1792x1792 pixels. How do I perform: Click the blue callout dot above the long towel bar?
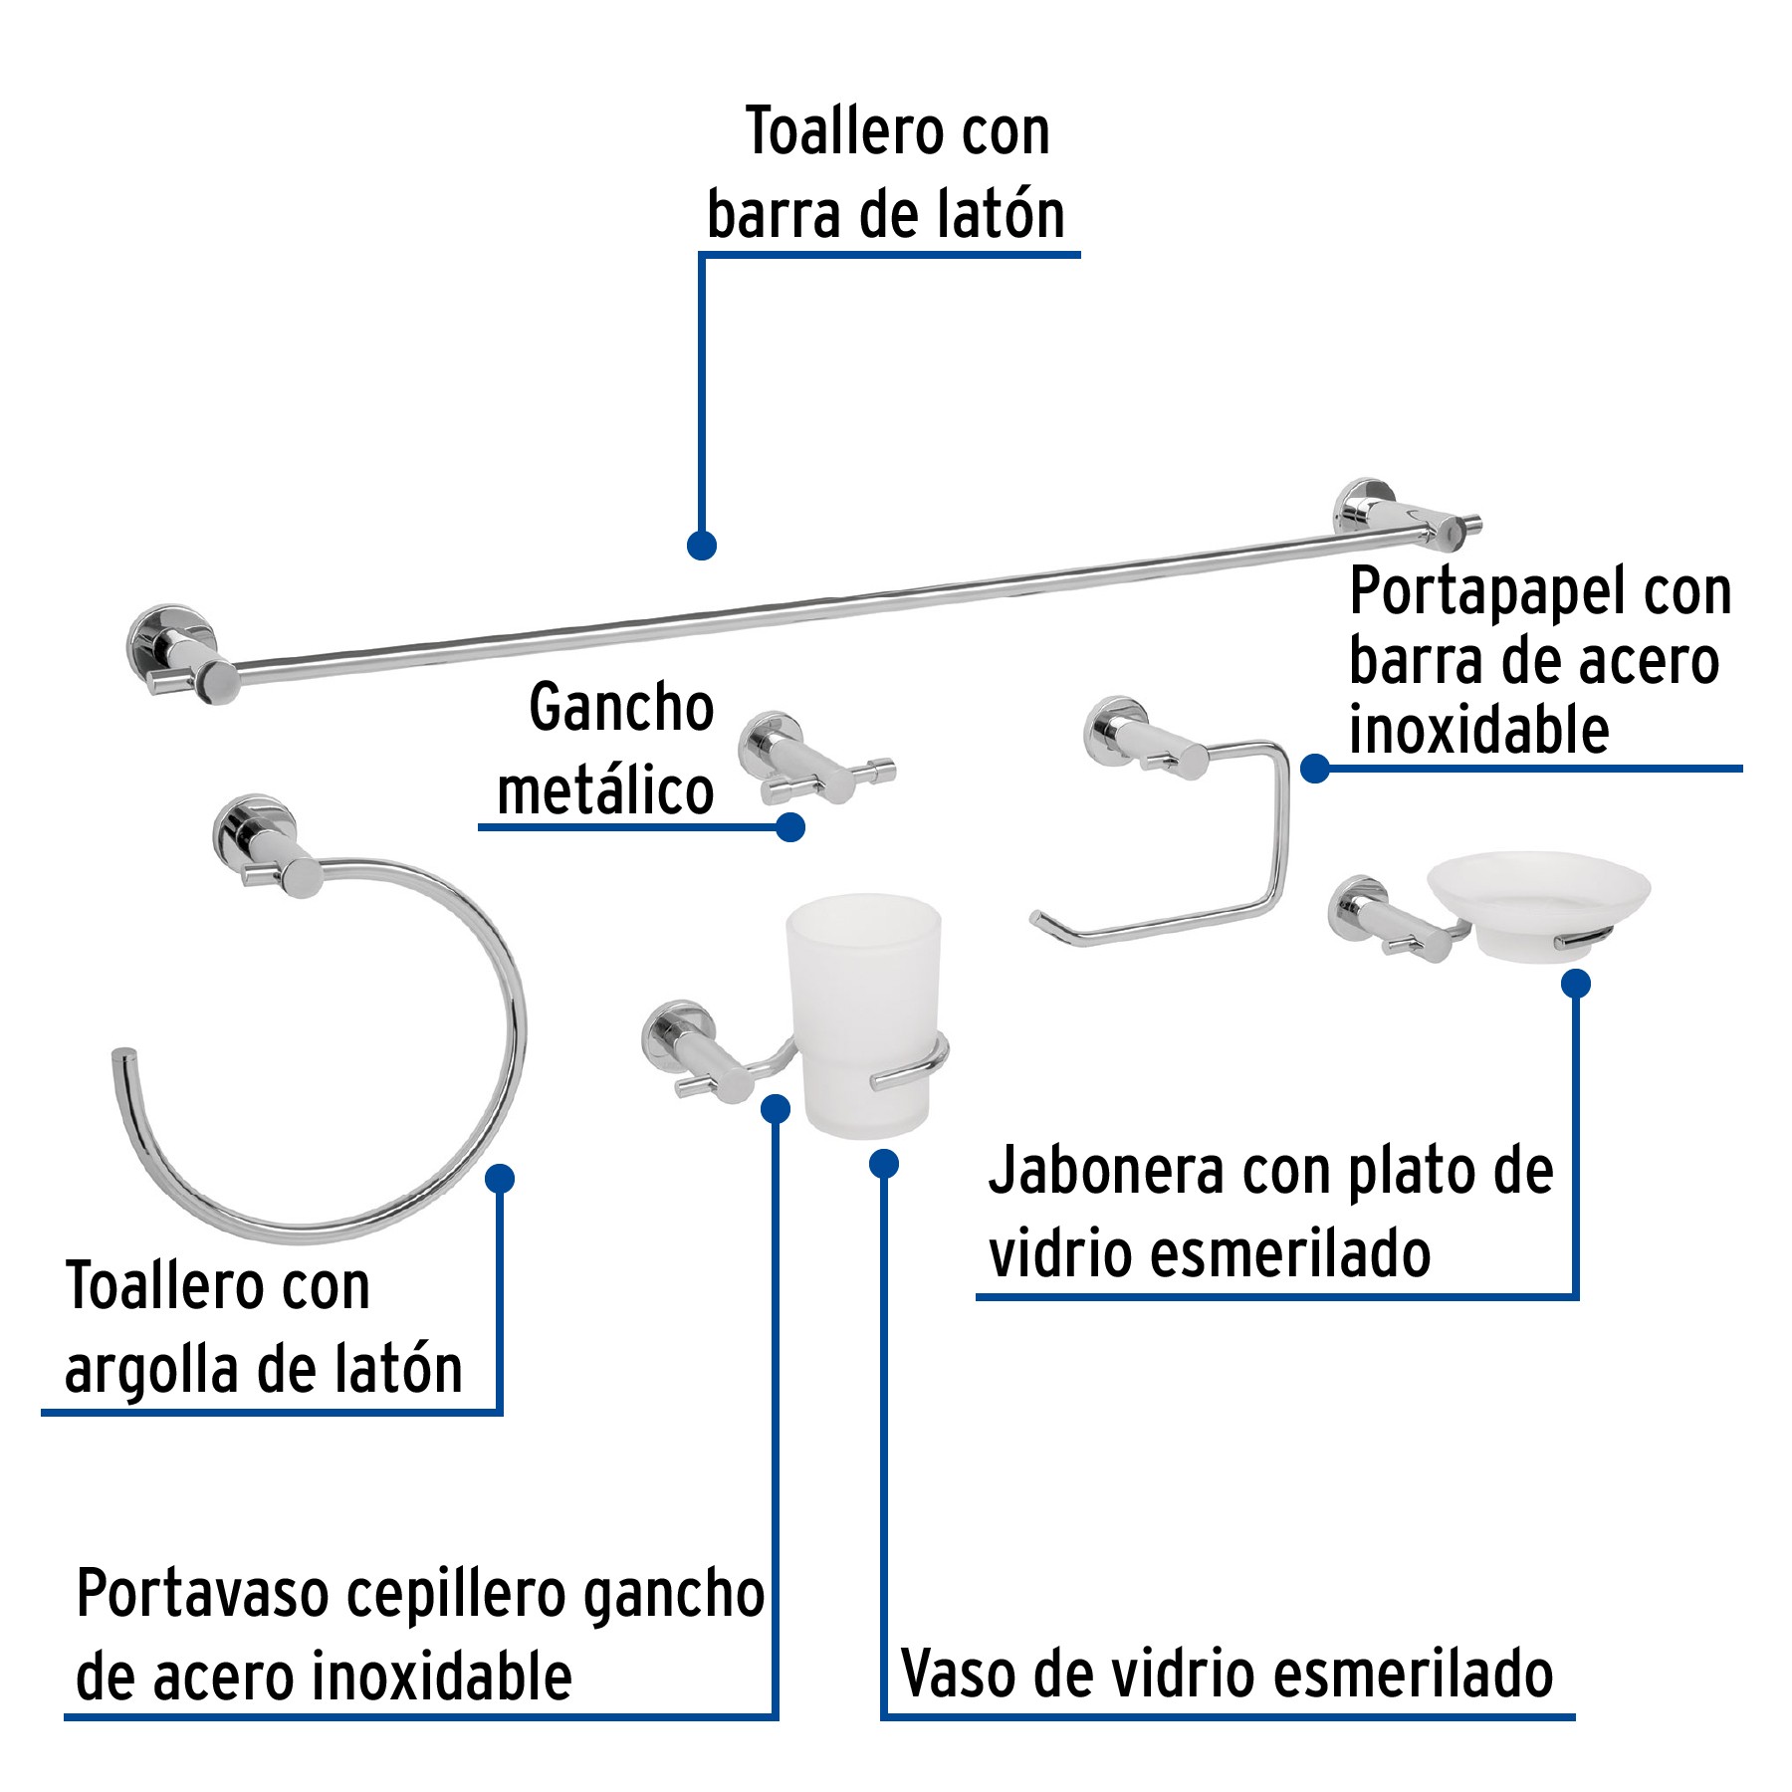pos(702,546)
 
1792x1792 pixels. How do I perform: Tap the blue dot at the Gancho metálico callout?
pos(790,827)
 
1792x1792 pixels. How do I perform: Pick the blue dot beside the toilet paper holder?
pos(1315,769)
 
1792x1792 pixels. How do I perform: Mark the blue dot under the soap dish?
pos(1575,985)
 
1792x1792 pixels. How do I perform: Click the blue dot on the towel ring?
pos(500,1179)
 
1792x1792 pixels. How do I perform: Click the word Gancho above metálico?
pos(621,709)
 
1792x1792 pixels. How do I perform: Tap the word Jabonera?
pos(1105,1172)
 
